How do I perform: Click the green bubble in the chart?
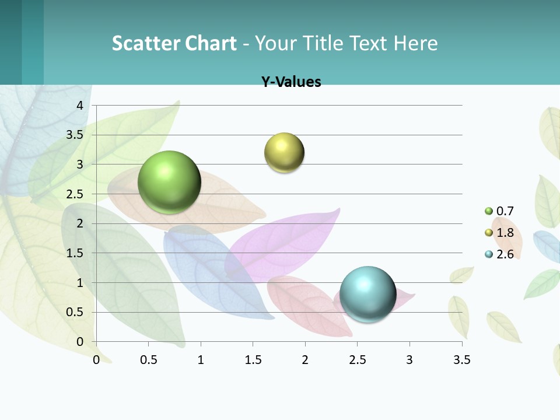[x=169, y=182]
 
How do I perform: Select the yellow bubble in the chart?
[x=284, y=153]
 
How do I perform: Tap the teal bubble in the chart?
[x=367, y=293]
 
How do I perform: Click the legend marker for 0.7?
[x=489, y=211]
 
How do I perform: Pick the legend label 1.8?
[x=505, y=233]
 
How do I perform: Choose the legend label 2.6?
[x=505, y=254]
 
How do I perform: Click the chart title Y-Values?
[x=291, y=82]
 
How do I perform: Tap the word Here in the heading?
[x=415, y=43]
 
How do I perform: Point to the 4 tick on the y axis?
[x=80, y=106]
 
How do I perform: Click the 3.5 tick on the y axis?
[x=75, y=135]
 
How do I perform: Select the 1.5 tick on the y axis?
[x=75, y=253]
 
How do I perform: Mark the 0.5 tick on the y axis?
[x=75, y=312]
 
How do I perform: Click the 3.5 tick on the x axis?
[x=461, y=360]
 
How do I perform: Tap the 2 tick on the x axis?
[x=305, y=360]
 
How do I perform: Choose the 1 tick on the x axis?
[x=201, y=360]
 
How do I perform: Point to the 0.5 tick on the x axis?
[x=149, y=360]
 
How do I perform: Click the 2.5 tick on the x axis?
[x=357, y=360]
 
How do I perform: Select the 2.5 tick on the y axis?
[x=75, y=194]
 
